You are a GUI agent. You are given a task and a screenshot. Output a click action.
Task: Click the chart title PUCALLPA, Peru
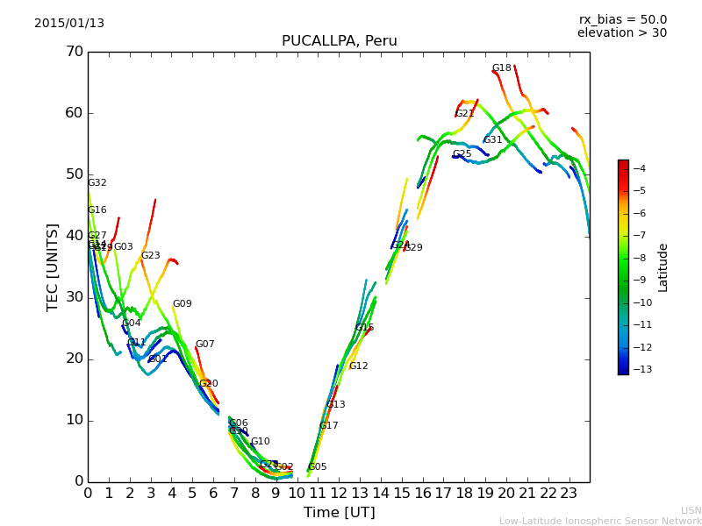pos(339,41)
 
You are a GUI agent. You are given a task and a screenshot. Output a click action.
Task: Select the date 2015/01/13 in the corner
pos(69,24)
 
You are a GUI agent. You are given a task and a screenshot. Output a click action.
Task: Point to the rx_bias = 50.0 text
pos(622,20)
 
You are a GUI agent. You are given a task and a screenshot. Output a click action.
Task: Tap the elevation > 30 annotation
pos(621,33)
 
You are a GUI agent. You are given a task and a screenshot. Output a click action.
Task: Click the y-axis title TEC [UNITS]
pos(53,267)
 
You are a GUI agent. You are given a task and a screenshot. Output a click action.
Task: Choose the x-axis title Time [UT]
pos(339,513)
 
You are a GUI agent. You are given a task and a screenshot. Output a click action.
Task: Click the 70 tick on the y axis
pos(74,52)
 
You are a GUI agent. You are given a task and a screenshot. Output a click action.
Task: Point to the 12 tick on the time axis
pos(339,494)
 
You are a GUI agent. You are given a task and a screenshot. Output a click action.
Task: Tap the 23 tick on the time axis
pos(569,494)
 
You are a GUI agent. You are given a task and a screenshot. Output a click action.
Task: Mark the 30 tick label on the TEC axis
pos(74,297)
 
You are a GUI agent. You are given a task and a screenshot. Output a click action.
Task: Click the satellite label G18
pos(501,68)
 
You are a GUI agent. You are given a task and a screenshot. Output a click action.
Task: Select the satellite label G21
pos(465,114)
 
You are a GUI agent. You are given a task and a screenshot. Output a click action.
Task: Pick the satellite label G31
pos(493,140)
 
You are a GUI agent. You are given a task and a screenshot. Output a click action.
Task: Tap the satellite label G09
pos(182,304)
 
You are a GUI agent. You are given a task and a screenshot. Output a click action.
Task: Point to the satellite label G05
pos(317,467)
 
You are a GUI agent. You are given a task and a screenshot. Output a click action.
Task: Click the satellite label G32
pos(97,183)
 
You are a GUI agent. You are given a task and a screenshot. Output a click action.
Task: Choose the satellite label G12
pos(359,366)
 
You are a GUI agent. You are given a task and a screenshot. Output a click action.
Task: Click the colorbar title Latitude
pos(663,267)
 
